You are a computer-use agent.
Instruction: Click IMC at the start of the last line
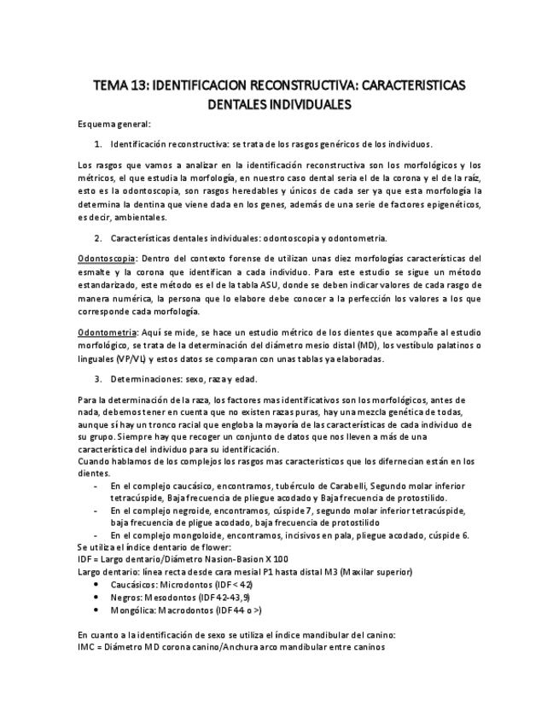click(x=86, y=646)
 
